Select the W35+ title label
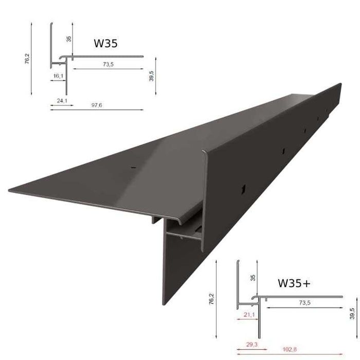click(294, 282)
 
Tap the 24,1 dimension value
click(63, 101)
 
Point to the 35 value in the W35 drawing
click(69, 39)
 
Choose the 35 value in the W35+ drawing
click(253, 278)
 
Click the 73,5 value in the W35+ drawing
click(305, 303)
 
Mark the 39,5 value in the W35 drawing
click(151, 76)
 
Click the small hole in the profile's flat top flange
click(132, 167)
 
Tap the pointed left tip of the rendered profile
click(9, 190)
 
